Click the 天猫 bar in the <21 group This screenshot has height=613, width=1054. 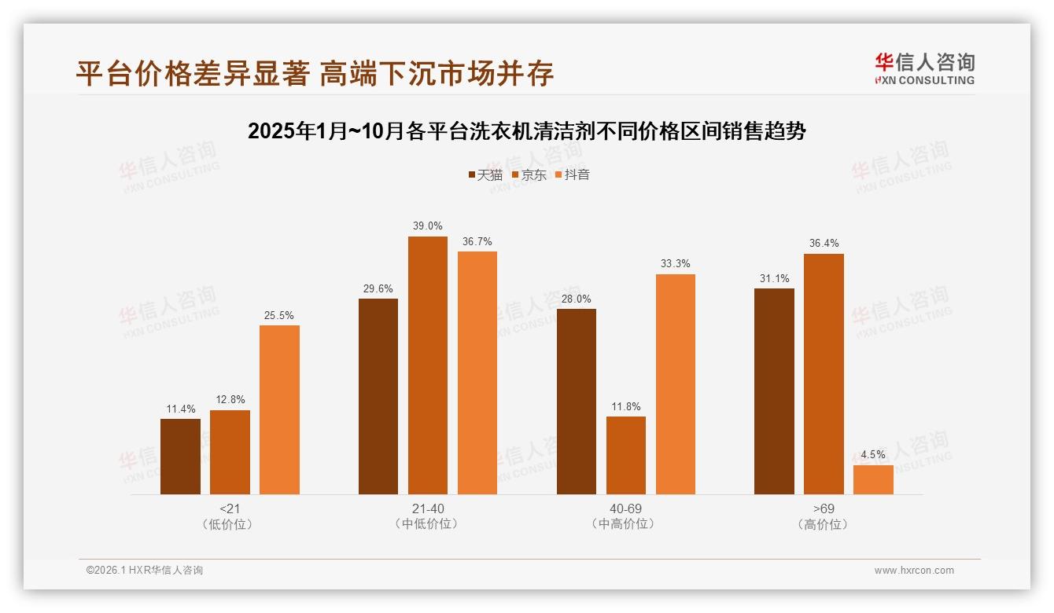[180, 457]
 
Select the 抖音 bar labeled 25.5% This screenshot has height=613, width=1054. [279, 409]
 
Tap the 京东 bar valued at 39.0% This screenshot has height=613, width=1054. [427, 365]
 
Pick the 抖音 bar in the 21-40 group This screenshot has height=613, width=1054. [477, 373]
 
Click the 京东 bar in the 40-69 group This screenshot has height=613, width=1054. [625, 455]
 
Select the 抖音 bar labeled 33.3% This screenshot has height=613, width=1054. [675, 384]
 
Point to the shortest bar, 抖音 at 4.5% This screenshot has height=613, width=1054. [873, 479]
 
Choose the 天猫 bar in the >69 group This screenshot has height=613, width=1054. [774, 391]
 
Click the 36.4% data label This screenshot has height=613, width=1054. [824, 244]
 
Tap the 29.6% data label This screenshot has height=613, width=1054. [378, 288]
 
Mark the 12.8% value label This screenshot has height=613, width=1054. [230, 400]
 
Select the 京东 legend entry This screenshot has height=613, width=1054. [529, 175]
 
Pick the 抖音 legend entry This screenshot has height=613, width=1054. [572, 175]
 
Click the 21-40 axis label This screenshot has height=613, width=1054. [427, 508]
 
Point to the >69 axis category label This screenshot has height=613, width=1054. [824, 508]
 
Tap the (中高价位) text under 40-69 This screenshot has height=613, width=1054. [625, 524]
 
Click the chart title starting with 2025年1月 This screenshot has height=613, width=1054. [526, 131]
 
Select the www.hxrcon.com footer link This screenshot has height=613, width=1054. [914, 571]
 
